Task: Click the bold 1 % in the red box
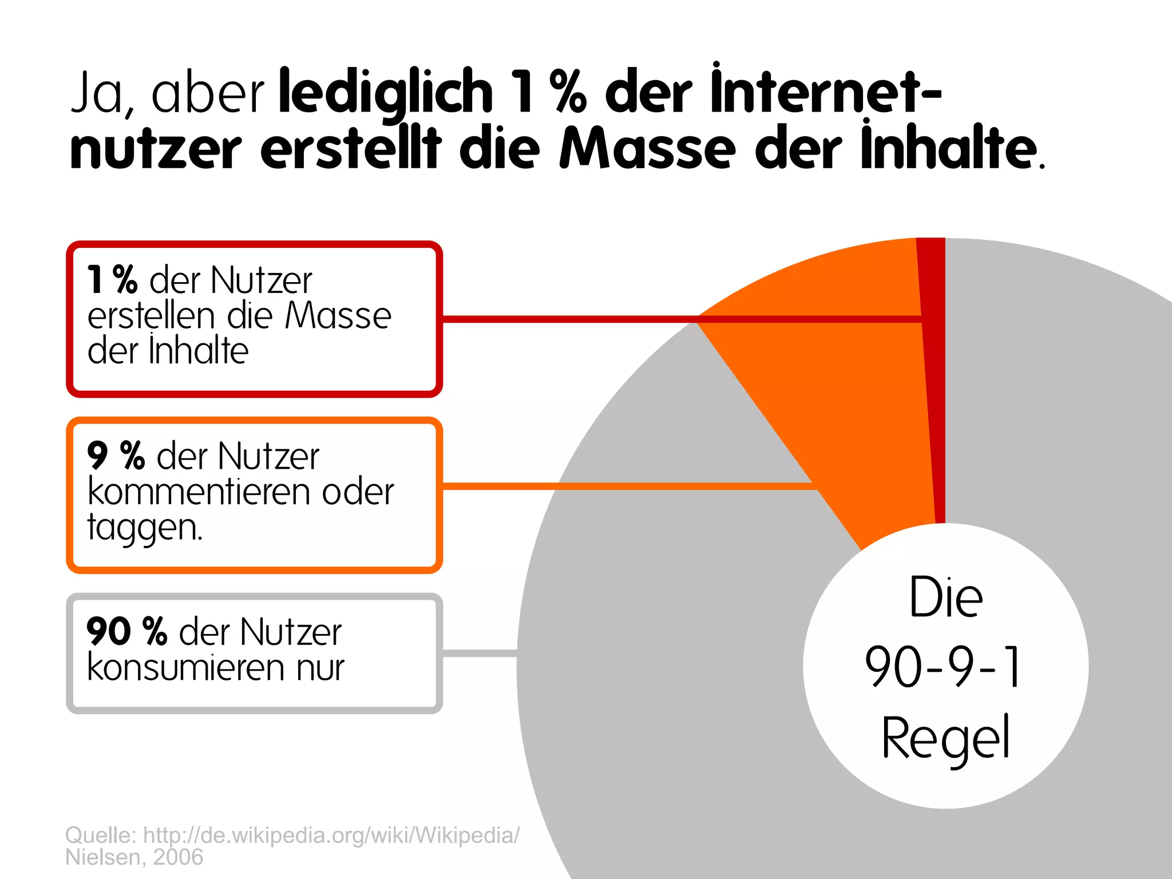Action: (112, 280)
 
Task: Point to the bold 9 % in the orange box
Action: (116, 456)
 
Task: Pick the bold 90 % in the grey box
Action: (126, 632)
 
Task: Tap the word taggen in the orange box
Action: (143, 528)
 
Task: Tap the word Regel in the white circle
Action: (945, 738)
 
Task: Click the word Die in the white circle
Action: (946, 597)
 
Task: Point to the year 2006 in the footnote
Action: (178, 857)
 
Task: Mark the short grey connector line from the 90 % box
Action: (480, 653)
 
